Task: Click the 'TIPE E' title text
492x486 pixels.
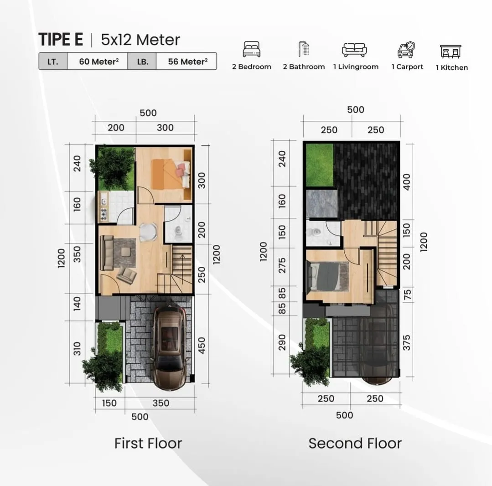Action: click(x=61, y=40)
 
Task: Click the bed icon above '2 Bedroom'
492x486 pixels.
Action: click(x=251, y=49)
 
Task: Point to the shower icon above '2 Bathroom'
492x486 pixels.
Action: click(x=303, y=49)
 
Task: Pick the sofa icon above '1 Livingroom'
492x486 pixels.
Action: click(x=354, y=49)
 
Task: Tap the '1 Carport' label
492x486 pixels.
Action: click(x=407, y=67)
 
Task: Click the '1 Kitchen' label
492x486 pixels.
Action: click(x=451, y=67)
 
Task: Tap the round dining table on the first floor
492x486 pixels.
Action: click(x=148, y=232)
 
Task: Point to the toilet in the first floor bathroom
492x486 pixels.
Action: click(x=178, y=233)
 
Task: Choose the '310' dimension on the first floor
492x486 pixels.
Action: click(x=76, y=349)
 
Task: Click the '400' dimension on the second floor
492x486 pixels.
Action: click(x=407, y=181)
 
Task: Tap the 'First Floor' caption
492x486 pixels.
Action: click(x=148, y=443)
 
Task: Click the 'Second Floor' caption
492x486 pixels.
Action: click(x=355, y=443)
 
